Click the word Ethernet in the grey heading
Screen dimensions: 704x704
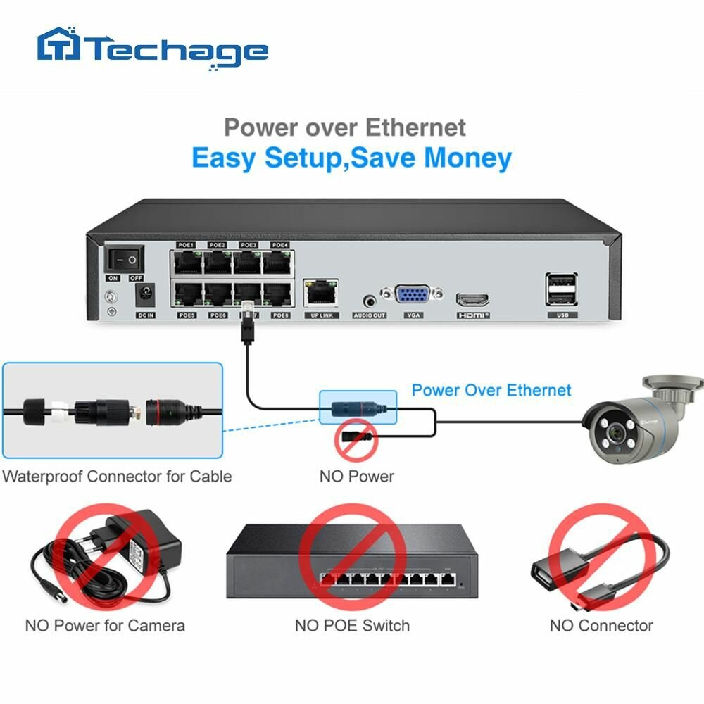pyautogui.click(x=415, y=127)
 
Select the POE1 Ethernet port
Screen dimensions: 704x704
pyautogui.click(x=187, y=263)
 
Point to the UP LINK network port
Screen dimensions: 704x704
pyautogui.click(x=321, y=291)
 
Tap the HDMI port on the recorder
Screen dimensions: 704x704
pyautogui.click(x=473, y=299)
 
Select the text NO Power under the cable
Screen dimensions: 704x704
pyautogui.click(x=357, y=476)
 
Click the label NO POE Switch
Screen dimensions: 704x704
pyautogui.click(x=352, y=624)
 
